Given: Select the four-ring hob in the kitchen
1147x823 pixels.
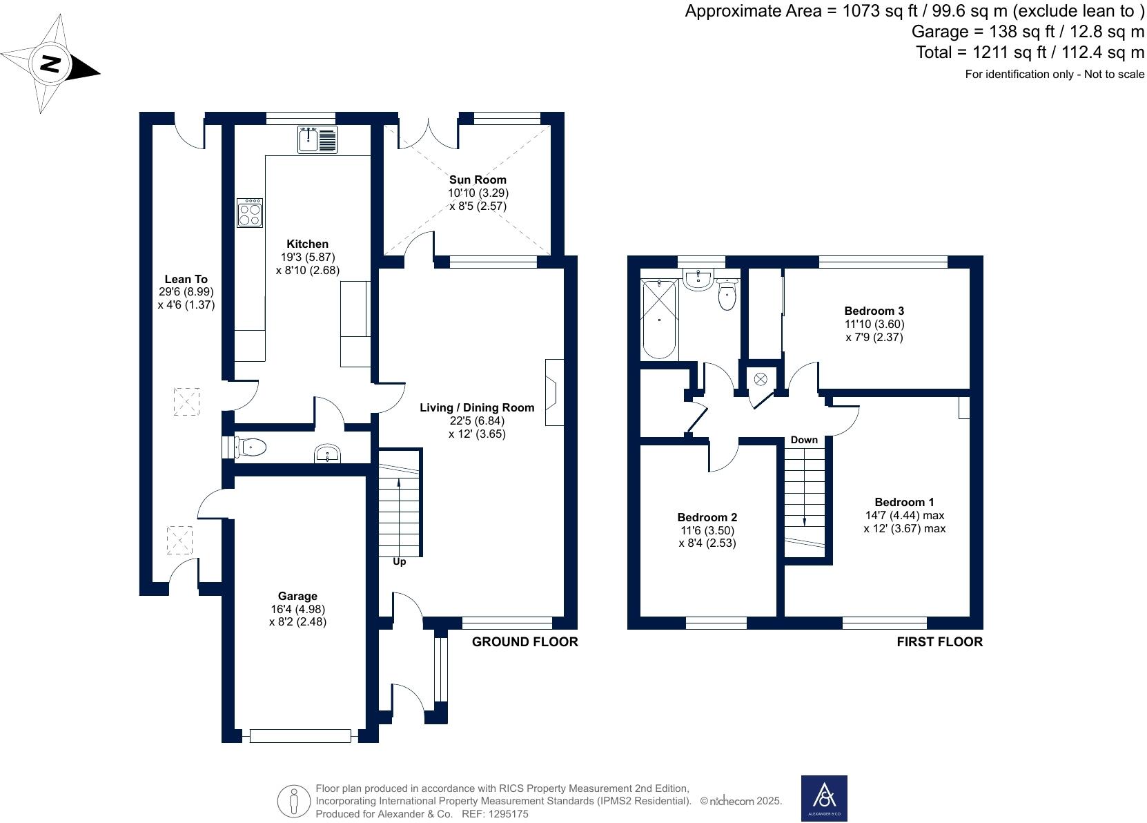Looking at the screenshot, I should pyautogui.click(x=250, y=213).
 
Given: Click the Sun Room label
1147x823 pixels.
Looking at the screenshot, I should pyautogui.click(x=478, y=180).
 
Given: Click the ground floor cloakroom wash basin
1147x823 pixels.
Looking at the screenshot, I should pyautogui.click(x=327, y=454).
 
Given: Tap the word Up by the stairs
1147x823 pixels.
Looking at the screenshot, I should pyautogui.click(x=399, y=562).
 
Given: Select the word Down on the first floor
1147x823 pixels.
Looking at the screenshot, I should pyautogui.click(x=804, y=440).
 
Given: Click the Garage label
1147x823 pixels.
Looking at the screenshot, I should pyautogui.click(x=297, y=596).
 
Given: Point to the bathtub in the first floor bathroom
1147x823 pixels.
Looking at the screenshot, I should pyautogui.click(x=659, y=318).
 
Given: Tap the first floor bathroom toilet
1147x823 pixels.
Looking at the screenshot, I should pyautogui.click(x=727, y=296).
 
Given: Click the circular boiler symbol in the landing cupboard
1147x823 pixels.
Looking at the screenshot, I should pyautogui.click(x=761, y=379).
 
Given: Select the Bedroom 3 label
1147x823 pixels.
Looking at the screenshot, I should pyautogui.click(x=874, y=311).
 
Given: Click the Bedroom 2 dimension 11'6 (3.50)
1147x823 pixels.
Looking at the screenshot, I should pyautogui.click(x=707, y=530).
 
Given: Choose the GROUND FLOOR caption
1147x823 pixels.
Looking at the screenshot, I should pyautogui.click(x=525, y=641).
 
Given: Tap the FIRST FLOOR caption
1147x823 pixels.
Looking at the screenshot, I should pyautogui.click(x=939, y=641).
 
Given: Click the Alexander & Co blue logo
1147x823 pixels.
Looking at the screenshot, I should pyautogui.click(x=823, y=799).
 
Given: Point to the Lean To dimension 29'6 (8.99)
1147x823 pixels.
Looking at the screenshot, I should pyautogui.click(x=186, y=292).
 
